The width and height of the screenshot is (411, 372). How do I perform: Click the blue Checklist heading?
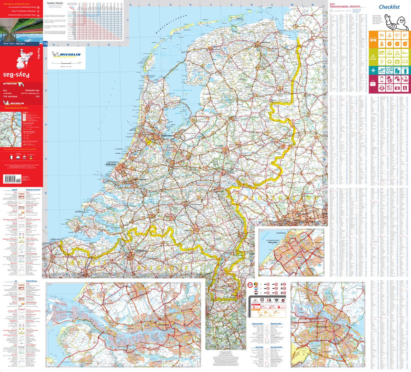tap(389, 7)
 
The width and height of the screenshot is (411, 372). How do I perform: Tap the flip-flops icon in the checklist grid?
tap(405, 88)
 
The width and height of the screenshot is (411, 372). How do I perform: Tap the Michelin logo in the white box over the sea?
tap(67, 55)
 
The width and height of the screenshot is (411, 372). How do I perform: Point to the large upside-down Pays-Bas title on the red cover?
tap(16, 75)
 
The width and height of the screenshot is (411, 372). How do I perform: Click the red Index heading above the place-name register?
tap(332, 4)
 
